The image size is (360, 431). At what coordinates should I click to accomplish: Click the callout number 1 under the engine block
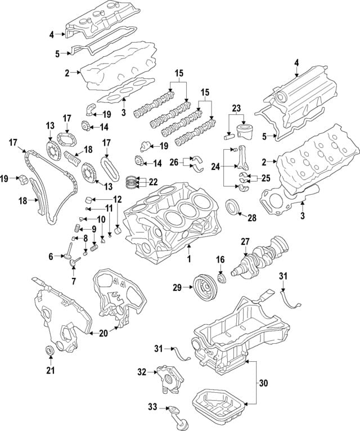click(189, 259)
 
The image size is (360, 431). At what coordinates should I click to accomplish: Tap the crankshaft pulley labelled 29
click(205, 288)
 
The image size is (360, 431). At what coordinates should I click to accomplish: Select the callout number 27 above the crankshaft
click(245, 242)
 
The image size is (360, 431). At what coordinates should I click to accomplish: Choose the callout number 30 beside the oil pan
click(263, 383)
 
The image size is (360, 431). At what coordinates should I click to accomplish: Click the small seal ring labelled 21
click(49, 351)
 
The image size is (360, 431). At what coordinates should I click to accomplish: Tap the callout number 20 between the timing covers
click(103, 333)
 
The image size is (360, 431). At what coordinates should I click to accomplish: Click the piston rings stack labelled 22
click(133, 182)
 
